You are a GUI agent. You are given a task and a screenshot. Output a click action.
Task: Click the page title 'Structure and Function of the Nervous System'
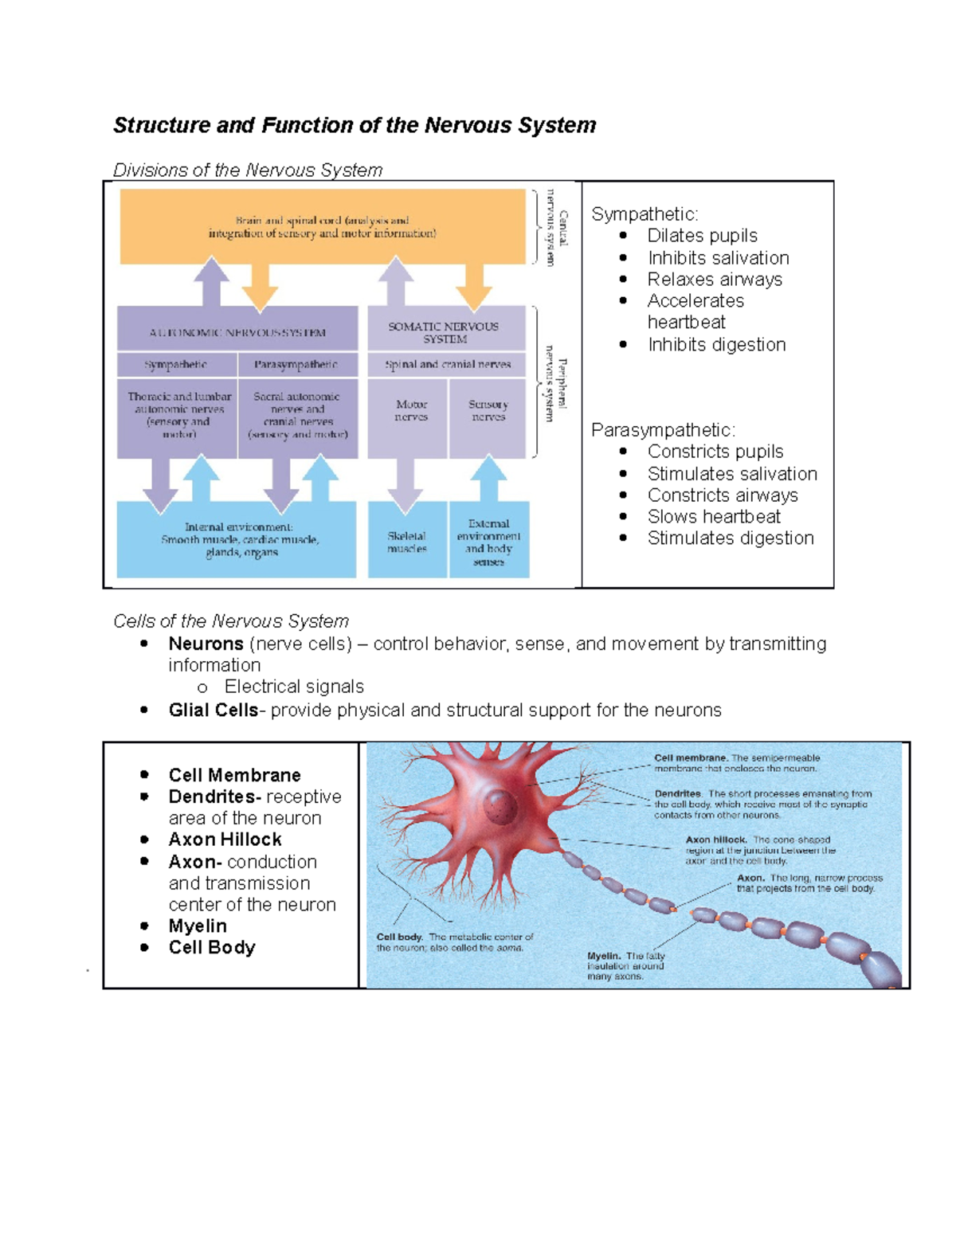(x=355, y=125)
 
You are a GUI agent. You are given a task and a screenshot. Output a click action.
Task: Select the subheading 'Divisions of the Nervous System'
(x=248, y=170)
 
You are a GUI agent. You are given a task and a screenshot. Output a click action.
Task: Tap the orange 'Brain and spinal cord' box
(x=322, y=227)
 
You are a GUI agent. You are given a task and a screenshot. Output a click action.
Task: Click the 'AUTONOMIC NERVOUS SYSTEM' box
(x=237, y=332)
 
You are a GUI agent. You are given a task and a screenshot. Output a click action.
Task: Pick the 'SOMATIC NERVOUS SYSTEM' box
(x=445, y=331)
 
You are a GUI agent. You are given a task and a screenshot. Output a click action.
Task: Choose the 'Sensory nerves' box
(x=488, y=411)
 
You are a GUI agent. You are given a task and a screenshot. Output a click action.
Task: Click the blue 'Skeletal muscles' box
(x=407, y=542)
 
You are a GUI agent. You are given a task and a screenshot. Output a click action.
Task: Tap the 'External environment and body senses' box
(x=488, y=542)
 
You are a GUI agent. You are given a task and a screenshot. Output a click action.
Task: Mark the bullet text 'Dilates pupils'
(x=702, y=236)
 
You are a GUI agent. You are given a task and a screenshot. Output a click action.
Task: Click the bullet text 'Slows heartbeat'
(x=714, y=517)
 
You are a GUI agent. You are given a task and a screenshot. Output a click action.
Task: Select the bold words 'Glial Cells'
(x=213, y=710)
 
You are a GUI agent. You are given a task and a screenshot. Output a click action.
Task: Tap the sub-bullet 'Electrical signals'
(x=294, y=687)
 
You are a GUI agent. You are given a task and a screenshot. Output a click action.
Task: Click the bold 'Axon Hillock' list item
(x=225, y=840)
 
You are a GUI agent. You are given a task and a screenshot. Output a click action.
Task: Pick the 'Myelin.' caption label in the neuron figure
(x=604, y=956)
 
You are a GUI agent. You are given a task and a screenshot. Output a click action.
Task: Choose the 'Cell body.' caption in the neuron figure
(x=399, y=938)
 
